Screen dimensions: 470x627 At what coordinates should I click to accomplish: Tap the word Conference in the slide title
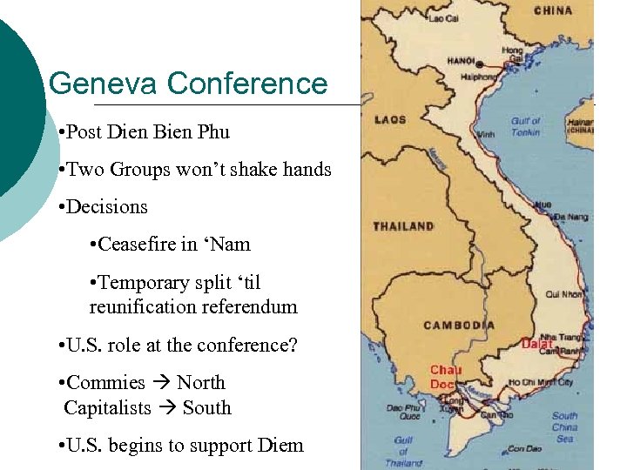point(247,84)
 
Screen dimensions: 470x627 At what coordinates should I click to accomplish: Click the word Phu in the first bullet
point(213,132)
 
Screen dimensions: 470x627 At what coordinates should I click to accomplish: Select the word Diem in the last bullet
point(281,446)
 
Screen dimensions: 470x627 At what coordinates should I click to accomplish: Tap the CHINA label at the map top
point(553,10)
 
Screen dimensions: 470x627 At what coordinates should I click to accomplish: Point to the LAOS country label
point(390,119)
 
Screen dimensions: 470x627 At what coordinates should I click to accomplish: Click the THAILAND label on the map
point(403,226)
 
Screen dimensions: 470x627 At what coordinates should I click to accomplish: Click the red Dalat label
point(537,345)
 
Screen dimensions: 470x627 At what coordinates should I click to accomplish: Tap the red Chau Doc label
point(446,377)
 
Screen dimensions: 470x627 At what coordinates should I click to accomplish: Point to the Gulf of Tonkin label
point(525,126)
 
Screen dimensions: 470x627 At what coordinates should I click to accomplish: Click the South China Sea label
point(564,426)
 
